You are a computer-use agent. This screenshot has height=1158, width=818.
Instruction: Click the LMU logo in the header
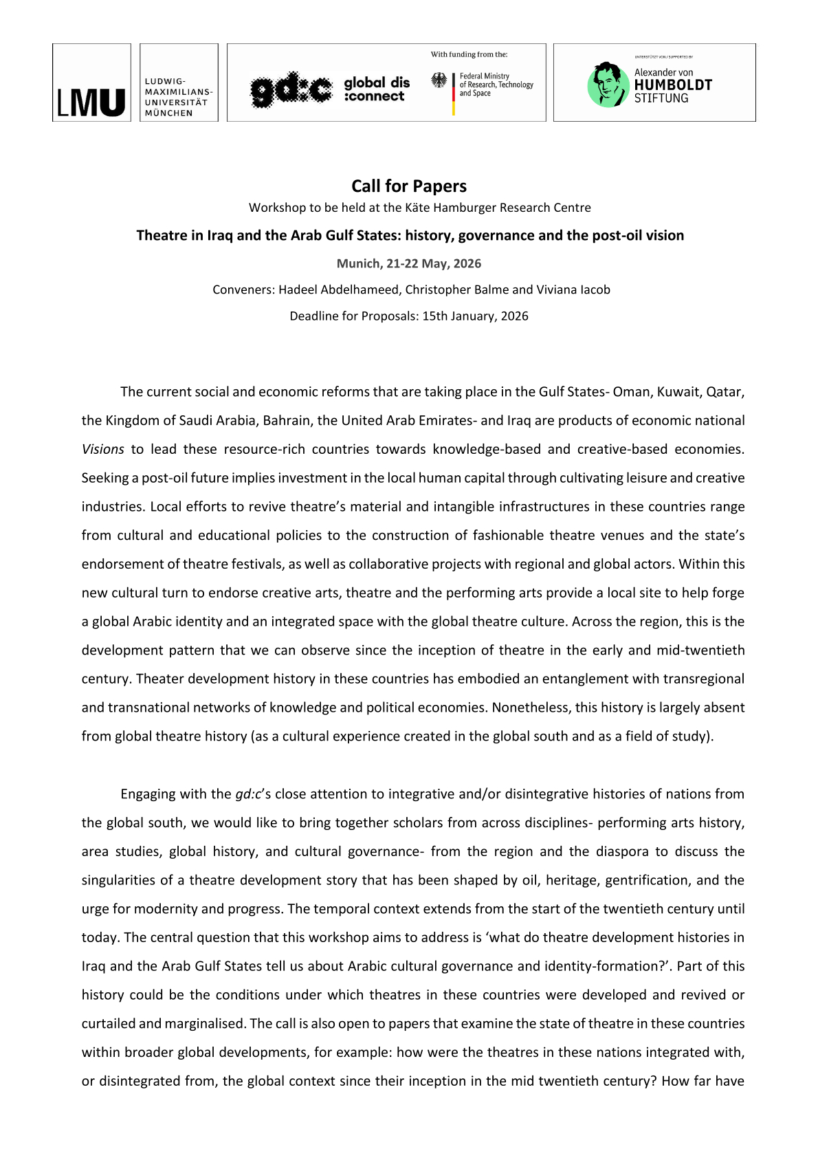(91, 102)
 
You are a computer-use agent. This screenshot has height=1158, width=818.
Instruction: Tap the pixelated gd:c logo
(291, 89)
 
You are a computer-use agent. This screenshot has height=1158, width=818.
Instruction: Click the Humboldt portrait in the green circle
(608, 85)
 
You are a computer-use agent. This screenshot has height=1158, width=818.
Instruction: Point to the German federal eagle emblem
(439, 80)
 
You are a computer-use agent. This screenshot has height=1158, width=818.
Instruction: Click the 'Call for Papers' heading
(409, 186)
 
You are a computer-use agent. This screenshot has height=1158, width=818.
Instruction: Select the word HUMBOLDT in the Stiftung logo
(673, 85)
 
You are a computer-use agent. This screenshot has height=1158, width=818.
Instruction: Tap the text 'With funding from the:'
(469, 54)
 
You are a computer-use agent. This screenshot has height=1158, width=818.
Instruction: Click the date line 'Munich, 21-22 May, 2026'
(409, 263)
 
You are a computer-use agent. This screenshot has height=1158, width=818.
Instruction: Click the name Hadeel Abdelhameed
(338, 289)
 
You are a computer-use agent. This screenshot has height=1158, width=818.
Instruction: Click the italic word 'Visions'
(103, 449)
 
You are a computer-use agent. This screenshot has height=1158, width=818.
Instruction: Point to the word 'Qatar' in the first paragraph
(725, 392)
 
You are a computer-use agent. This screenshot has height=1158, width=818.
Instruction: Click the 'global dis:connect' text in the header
(376, 89)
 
